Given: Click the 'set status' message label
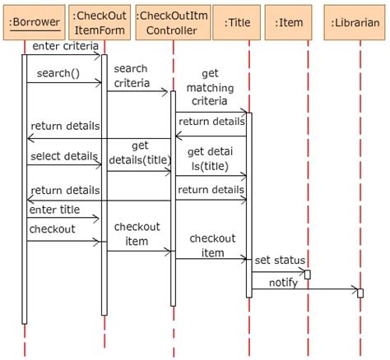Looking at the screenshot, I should [273, 261].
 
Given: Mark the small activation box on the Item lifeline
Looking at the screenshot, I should [307, 274].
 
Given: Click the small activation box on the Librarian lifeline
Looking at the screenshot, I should [360, 293].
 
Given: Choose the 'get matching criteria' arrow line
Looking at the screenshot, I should [210, 111].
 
